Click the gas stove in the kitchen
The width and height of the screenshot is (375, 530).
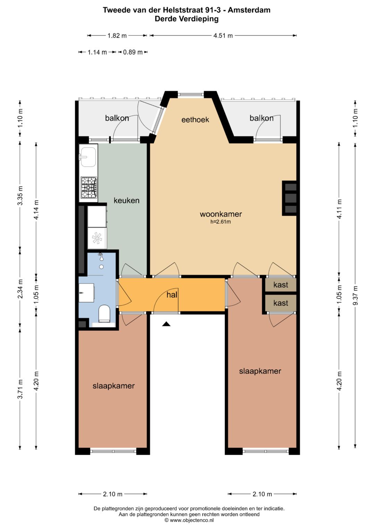pos(89,188)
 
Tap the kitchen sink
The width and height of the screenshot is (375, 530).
pos(88,157)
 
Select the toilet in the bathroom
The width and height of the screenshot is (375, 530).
pos(104,314)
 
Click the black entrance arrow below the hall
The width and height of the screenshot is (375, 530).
pos(166,324)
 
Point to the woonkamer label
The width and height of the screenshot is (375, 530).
pos(221,214)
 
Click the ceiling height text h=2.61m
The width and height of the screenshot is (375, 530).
pos(220,222)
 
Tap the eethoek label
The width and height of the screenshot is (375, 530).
pos(195,119)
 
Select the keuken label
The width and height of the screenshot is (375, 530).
pos(126,200)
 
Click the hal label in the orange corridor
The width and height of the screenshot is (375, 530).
pos(172,295)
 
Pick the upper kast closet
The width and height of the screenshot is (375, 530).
pos(281,285)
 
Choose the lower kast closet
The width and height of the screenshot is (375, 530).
pos(281,303)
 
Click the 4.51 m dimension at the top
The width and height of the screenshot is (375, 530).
pos(223,36)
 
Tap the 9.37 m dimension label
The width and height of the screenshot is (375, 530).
pos(355,295)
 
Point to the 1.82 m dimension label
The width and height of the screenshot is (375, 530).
pos(117,36)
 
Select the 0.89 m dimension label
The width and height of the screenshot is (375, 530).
pos(133,52)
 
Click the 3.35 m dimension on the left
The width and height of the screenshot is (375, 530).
pos(20,196)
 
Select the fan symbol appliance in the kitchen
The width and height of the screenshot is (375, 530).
pos(97,238)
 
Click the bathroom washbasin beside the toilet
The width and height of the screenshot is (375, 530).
pos(86,293)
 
